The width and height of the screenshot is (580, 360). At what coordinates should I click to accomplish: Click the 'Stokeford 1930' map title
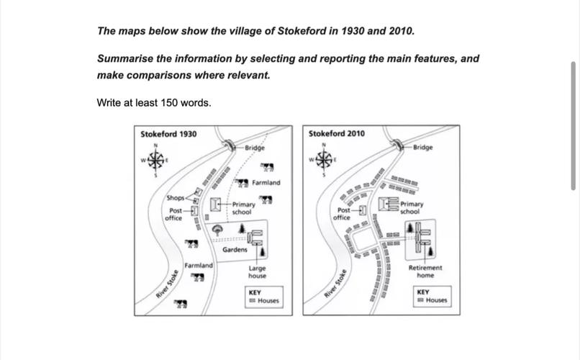[x=168, y=134]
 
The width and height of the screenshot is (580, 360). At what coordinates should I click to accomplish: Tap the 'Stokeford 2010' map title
[x=336, y=134]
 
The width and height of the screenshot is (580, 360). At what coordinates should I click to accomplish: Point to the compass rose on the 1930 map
[x=156, y=159]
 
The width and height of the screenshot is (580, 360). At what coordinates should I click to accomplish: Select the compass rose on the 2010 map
[x=324, y=159]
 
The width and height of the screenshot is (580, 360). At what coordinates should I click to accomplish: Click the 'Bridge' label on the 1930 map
[x=254, y=148]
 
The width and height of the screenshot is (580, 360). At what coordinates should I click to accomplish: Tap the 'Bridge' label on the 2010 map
[x=423, y=147]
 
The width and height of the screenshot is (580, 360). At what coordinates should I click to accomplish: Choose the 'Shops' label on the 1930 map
[x=175, y=197]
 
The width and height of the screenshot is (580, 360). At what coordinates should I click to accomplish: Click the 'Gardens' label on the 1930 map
[x=235, y=250]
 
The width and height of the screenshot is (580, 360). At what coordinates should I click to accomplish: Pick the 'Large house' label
[x=257, y=271]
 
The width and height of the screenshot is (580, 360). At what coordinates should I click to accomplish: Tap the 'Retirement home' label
[x=425, y=271]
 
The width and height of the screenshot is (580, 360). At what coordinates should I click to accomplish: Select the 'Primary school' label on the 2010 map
[x=412, y=208]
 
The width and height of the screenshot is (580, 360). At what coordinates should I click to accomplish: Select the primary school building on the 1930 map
[x=215, y=205]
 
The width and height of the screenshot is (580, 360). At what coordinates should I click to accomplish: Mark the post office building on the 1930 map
[x=193, y=211]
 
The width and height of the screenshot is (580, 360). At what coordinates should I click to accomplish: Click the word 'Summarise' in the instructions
[x=124, y=59]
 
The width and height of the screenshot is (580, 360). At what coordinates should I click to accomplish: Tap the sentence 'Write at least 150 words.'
[x=154, y=103]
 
